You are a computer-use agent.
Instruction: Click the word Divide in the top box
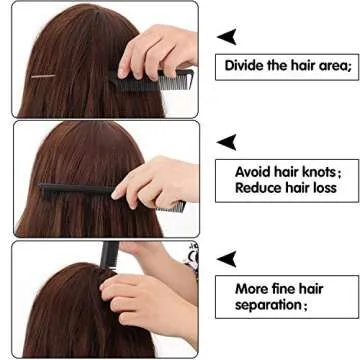pos(242,66)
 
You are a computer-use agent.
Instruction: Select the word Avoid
pos(251,171)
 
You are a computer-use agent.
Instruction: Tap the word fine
pos(286,288)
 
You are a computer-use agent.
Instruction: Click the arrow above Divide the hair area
pos(227,37)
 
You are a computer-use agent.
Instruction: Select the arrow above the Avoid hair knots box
pos(227,143)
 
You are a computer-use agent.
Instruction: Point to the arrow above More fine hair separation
pos(227,259)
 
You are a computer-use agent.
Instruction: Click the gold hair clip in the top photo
pos(42,76)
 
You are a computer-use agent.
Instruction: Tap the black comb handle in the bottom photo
pos(108,254)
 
